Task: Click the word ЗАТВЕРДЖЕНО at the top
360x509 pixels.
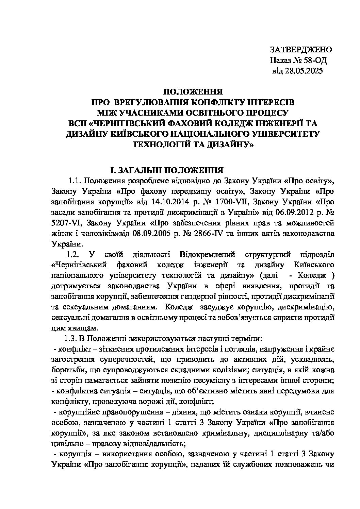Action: tap(301, 49)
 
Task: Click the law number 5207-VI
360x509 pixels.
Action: tap(65, 223)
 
